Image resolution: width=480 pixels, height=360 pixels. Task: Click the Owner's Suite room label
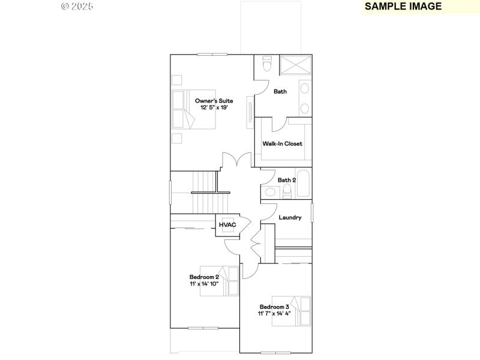214,101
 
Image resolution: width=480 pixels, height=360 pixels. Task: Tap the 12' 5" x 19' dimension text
214,107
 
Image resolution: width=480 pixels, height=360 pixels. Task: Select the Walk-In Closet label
282,144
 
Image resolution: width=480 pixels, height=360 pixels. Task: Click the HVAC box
227,224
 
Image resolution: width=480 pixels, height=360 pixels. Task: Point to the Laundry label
290,218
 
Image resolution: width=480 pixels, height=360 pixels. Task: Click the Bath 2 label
286,180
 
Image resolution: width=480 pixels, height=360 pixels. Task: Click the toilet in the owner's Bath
268,62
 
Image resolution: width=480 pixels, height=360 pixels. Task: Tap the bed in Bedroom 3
291,311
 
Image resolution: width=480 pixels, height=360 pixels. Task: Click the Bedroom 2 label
204,277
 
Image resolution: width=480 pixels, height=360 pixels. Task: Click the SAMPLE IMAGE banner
403,7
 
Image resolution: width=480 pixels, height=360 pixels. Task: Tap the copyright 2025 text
77,7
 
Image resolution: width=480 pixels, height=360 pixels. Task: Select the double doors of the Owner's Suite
236,161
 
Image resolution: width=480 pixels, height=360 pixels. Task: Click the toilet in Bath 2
287,191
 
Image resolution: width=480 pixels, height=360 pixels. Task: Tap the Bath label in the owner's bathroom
280,92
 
